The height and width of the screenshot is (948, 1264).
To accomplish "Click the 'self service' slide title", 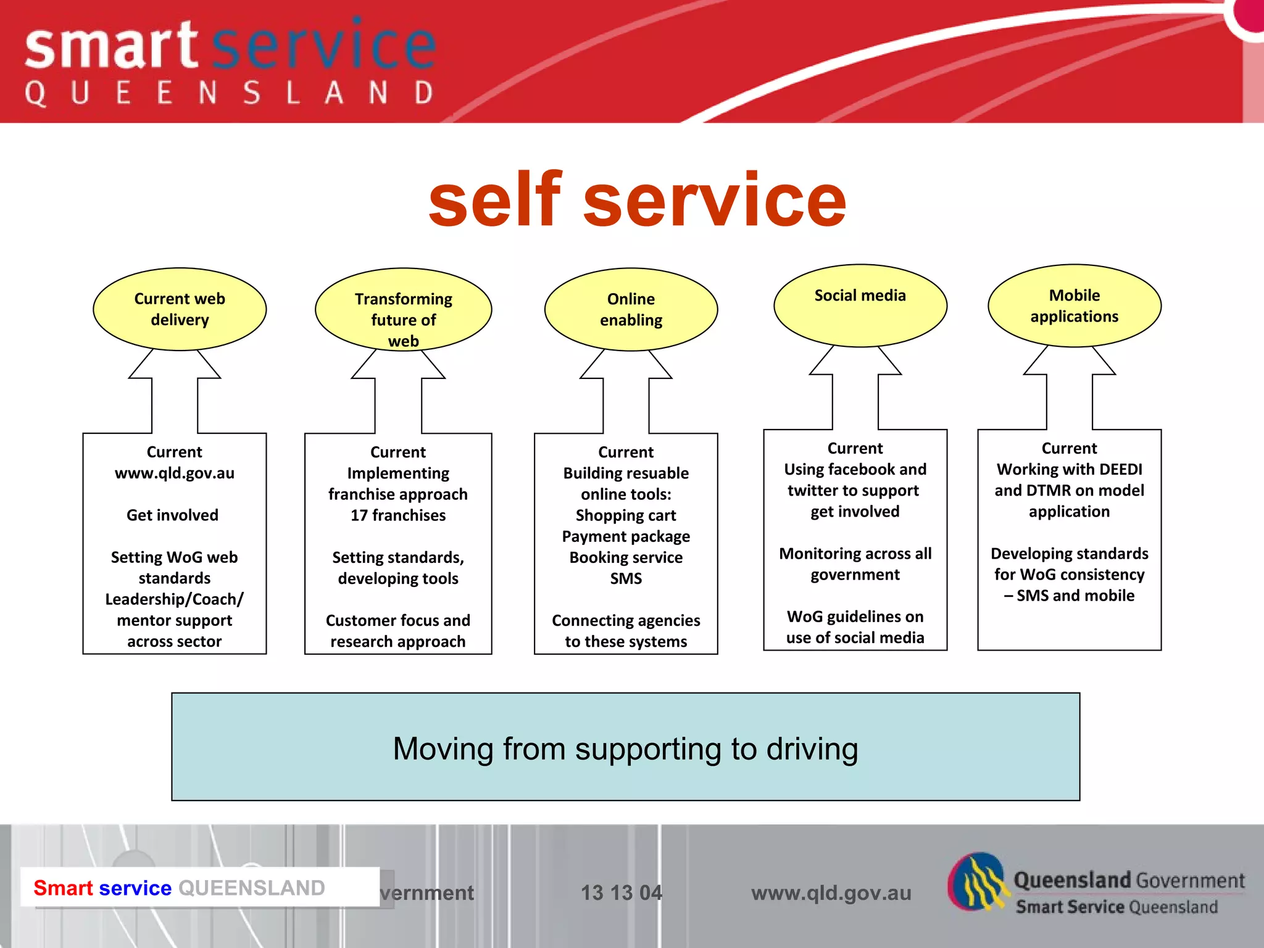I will [637, 200].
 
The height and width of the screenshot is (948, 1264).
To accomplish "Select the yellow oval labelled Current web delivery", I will [180, 309].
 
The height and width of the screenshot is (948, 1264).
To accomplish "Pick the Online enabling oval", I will [631, 309].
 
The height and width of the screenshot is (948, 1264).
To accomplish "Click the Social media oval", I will [860, 306].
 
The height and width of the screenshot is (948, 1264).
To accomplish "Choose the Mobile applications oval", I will [1074, 306].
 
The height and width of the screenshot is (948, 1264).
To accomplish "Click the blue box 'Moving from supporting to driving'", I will [625, 747].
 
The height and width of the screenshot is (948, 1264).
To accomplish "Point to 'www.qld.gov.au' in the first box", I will [175, 473].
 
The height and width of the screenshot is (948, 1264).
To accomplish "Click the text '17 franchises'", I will [398, 515].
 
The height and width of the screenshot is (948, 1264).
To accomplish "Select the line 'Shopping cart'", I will [626, 515].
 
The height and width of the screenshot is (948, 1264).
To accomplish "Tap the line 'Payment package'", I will [626, 536].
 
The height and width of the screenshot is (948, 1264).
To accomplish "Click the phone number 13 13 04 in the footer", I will [621, 892].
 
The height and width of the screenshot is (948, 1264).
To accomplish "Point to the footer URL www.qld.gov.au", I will [831, 892].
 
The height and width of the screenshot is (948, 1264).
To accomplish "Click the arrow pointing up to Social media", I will [855, 389].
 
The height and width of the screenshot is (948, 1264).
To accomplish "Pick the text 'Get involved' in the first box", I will [172, 515].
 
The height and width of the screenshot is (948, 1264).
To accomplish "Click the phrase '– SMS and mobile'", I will [1069, 596].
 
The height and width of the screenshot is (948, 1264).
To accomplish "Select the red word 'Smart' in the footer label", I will [63, 888].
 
